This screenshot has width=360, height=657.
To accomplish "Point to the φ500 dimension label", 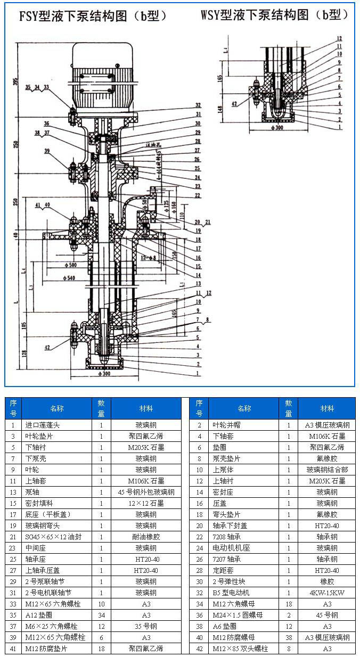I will [69, 265].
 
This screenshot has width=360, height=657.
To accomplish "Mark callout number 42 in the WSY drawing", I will [234, 104].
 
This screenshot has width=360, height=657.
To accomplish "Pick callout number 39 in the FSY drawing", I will [47, 151].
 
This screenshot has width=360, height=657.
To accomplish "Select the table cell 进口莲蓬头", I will [42, 425].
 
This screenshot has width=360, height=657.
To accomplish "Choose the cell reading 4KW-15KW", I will [327, 593].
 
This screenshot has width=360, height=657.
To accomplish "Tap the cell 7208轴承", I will [231, 537].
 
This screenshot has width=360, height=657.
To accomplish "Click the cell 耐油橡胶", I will [146, 537].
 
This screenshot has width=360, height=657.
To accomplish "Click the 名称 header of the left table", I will [57, 408].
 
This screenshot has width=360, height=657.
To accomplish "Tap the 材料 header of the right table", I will [327, 408].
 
